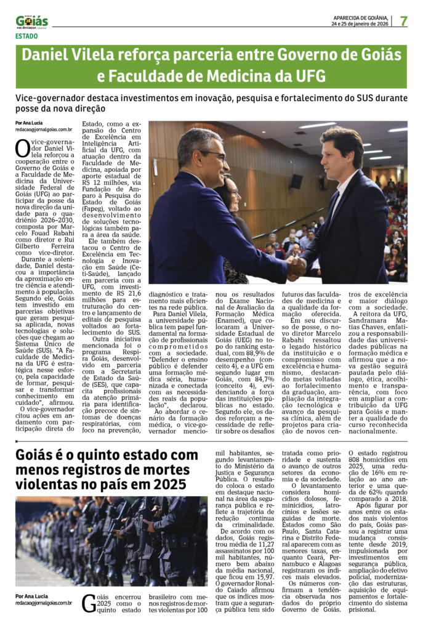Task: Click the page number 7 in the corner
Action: (404, 21)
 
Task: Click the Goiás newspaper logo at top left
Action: (32, 22)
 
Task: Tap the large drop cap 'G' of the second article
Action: (89, 603)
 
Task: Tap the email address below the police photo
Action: (44, 603)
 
